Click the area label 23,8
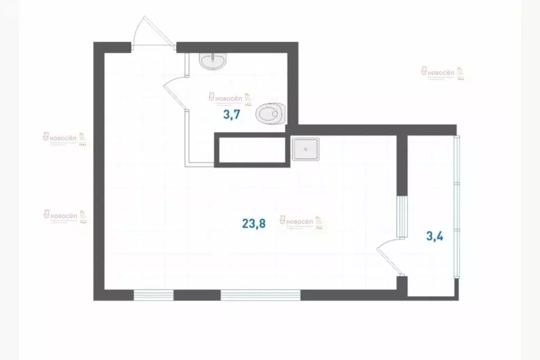pyautogui.click(x=254, y=223)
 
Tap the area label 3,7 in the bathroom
pyautogui.click(x=232, y=115)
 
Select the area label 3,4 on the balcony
pyautogui.click(x=434, y=235)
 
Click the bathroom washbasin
pyautogui.click(x=214, y=61)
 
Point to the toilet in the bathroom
pyautogui.click(x=272, y=112)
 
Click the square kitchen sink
pyautogui.click(x=305, y=149)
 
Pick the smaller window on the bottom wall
pyautogui.click(x=153, y=295)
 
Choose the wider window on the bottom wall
pyautogui.click(x=260, y=295)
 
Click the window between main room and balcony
pyautogui.click(x=402, y=216)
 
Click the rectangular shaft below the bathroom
pyautogui.click(x=252, y=150)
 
